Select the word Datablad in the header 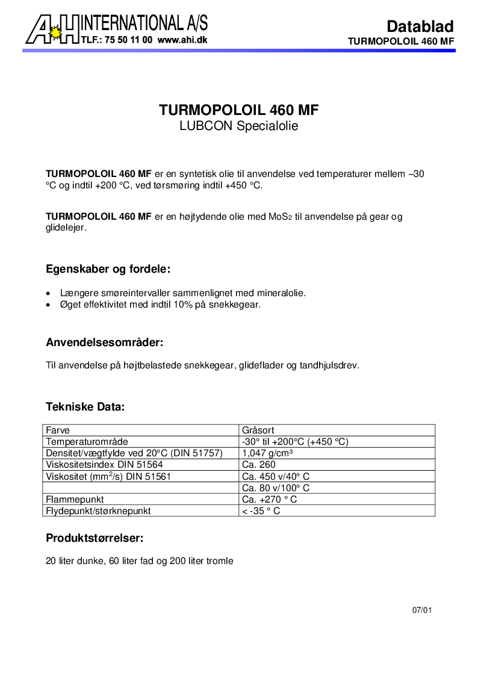click(x=420, y=26)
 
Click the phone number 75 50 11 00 click(x=128, y=40)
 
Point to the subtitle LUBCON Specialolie click(x=238, y=126)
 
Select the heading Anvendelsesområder click(x=105, y=343)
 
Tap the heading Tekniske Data click(x=85, y=407)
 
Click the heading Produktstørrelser click(x=95, y=538)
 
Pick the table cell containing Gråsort click(x=258, y=430)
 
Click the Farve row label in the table click(x=58, y=430)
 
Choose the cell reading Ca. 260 click(x=259, y=465)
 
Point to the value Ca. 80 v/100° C click(x=276, y=488)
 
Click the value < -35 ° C click(x=261, y=511)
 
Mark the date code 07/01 click(x=422, y=610)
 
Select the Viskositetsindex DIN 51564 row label click(x=104, y=465)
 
